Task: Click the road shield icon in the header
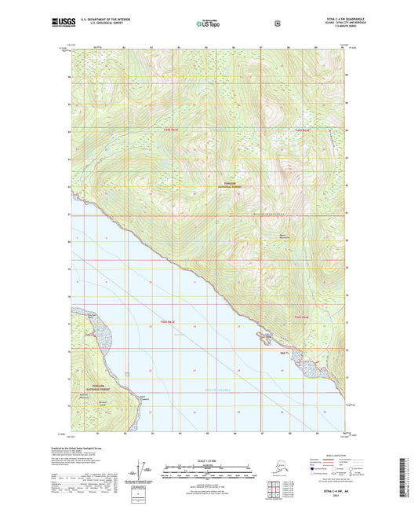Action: point(277,24)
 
